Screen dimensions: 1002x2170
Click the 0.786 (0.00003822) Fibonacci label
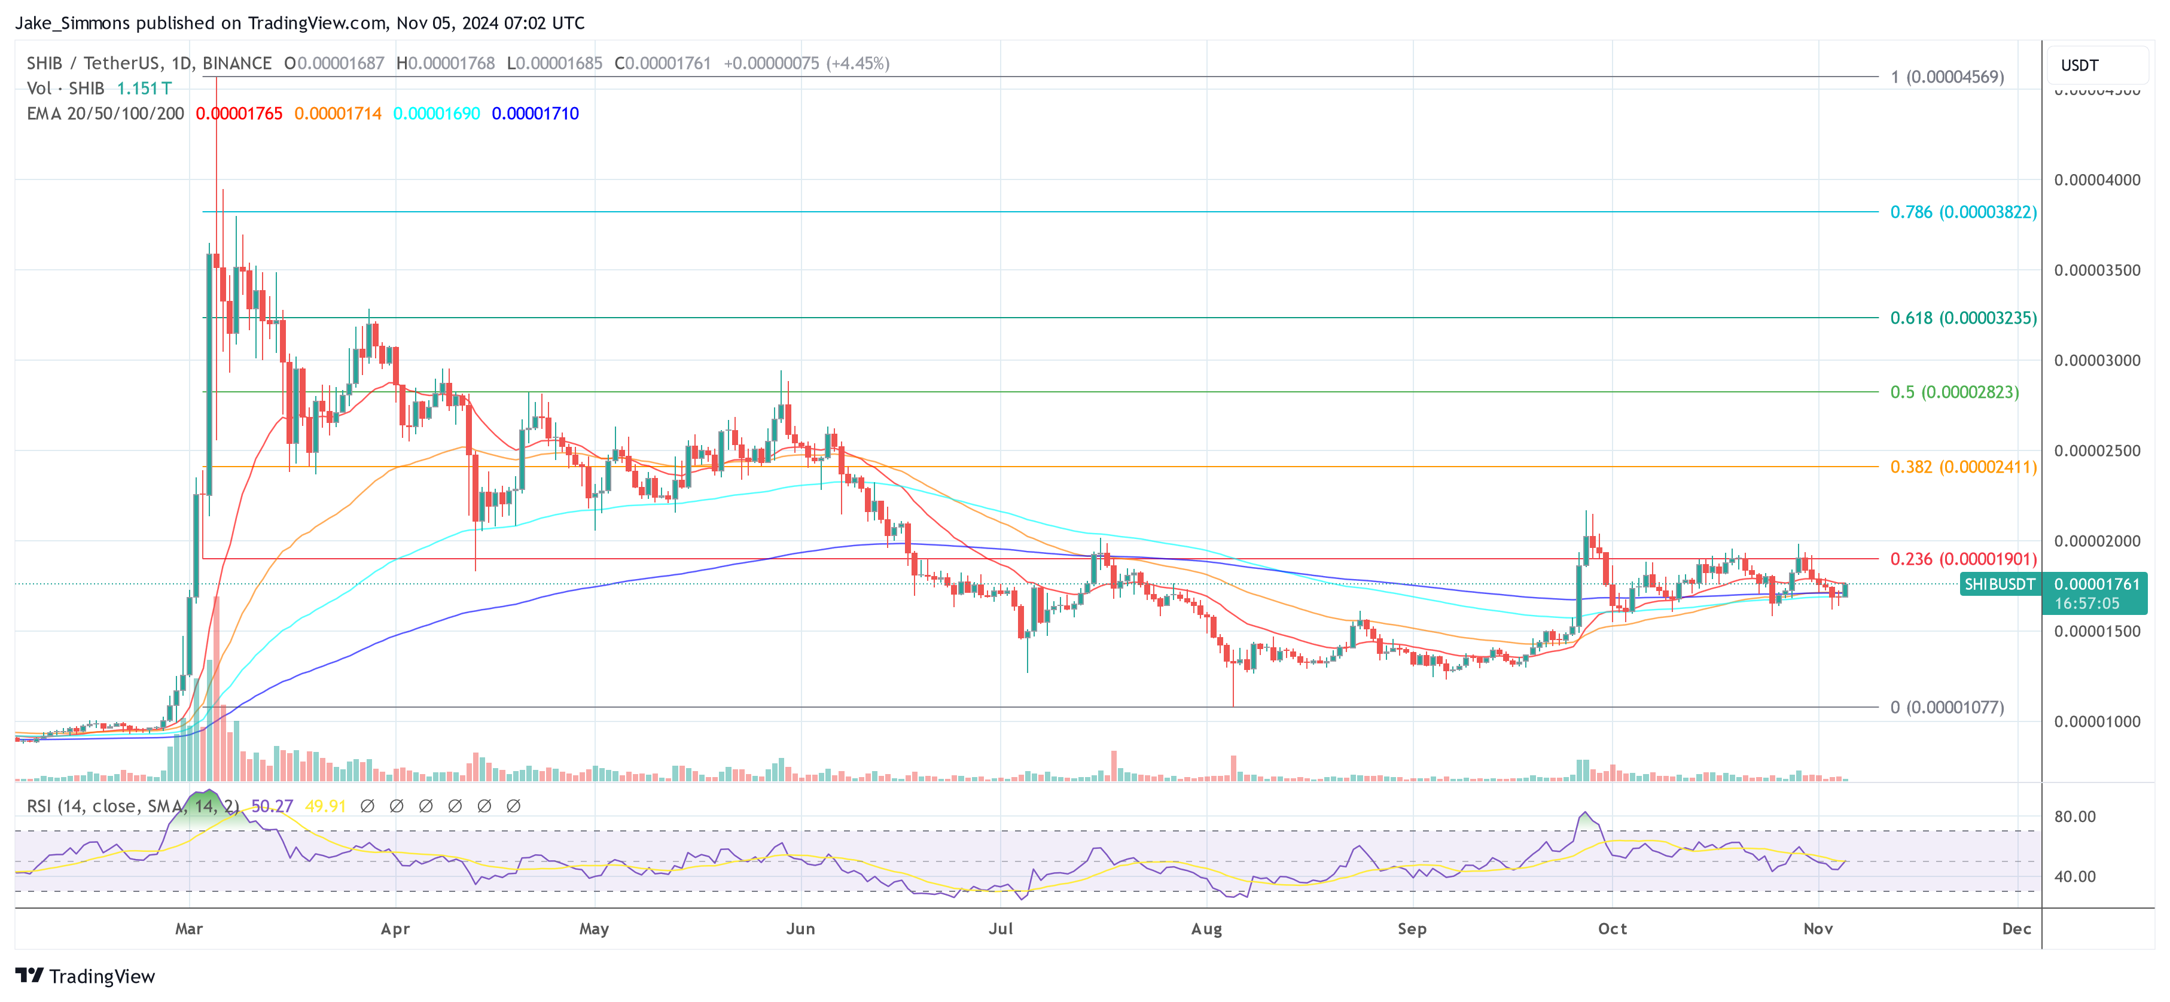click(x=1963, y=212)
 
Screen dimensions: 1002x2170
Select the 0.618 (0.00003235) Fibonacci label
click(x=1963, y=319)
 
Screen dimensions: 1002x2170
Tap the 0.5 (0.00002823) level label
click(x=1953, y=392)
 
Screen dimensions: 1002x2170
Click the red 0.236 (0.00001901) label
click(x=1963, y=559)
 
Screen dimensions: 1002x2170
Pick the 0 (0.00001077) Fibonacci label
click(x=1946, y=708)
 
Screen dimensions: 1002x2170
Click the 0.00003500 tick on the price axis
click(x=2096, y=270)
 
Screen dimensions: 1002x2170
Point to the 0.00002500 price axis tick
click(x=2096, y=451)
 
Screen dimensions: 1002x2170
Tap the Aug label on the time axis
click(x=1206, y=928)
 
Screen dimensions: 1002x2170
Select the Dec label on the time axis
click(x=2016, y=928)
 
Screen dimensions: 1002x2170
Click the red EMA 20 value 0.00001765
click(x=239, y=114)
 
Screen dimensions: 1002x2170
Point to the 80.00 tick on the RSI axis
click(x=2074, y=817)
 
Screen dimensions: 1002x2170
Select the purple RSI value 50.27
click(x=272, y=806)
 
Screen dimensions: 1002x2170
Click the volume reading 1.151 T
click(x=144, y=89)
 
